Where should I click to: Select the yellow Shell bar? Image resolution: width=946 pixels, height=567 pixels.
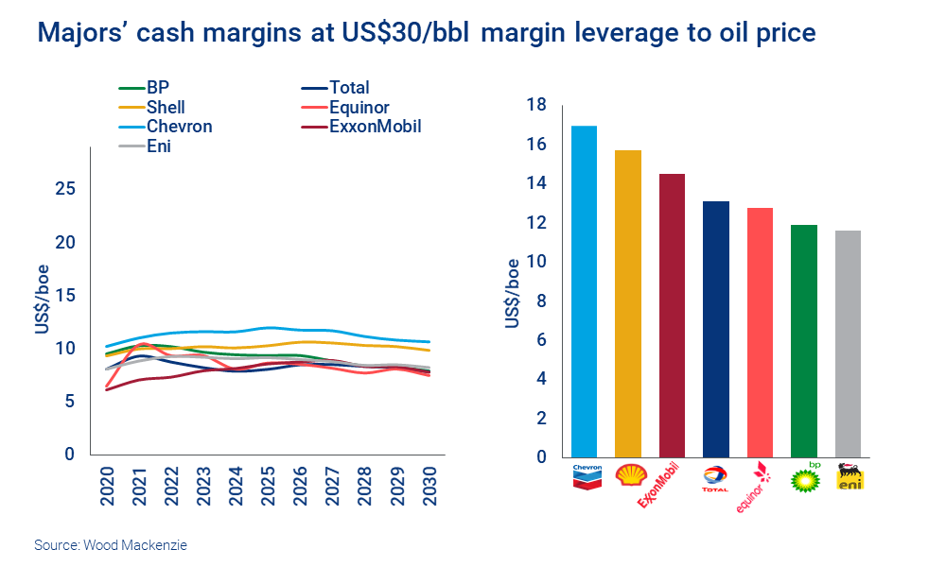pyautogui.click(x=627, y=303)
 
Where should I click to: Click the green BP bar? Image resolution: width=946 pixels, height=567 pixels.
pyautogui.click(x=804, y=340)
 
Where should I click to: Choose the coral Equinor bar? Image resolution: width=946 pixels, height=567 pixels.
pyautogui.click(x=760, y=332)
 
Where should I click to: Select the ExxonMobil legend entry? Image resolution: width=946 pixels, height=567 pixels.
pyautogui.click(x=375, y=126)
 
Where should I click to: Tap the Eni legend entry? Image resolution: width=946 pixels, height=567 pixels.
pyautogui.click(x=158, y=146)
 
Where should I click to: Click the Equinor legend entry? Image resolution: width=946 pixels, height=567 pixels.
pyautogui.click(x=359, y=107)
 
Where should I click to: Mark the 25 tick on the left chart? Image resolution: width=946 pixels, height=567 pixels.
pyautogui.click(x=65, y=189)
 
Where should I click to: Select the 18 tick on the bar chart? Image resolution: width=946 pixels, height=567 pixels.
pyautogui.click(x=536, y=105)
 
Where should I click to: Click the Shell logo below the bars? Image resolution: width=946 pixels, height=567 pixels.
pyautogui.click(x=628, y=475)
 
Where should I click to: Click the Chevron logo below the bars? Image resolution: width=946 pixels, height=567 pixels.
pyautogui.click(x=585, y=475)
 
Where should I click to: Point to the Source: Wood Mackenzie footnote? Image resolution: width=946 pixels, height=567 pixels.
pyautogui.click(x=111, y=545)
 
